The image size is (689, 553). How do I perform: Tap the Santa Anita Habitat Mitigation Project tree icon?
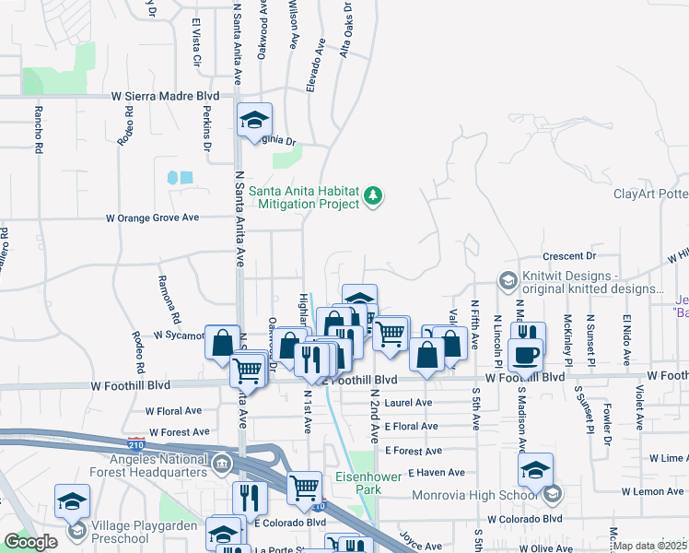[373, 195]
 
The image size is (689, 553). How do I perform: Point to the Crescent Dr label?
[571, 255]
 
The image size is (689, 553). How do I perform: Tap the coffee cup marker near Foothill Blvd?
[525, 356]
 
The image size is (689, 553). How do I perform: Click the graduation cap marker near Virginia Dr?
[254, 121]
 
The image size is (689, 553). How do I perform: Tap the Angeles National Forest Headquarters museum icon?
[222, 463]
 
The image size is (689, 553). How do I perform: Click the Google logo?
[29, 541]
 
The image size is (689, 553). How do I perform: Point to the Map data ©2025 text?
[650, 546]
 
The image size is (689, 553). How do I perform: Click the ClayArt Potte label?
[650, 194]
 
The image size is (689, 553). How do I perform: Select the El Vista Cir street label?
[195, 43]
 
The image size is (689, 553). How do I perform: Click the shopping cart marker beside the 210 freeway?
[304, 489]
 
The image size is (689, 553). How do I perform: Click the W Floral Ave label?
[173, 410]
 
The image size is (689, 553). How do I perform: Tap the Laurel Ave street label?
[409, 403]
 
